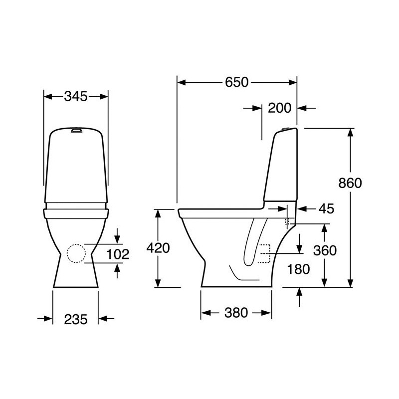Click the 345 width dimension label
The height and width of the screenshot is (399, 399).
(76, 96)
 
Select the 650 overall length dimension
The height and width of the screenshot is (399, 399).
(236, 82)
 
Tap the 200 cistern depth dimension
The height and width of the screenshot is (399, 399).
(279, 108)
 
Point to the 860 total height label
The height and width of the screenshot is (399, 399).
(350, 183)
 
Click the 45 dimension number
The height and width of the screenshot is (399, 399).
(327, 208)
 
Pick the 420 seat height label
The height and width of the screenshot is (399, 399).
(158, 248)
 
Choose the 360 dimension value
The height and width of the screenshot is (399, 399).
(325, 250)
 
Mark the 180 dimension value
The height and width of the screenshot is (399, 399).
(298, 269)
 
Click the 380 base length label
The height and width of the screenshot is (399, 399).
(236, 313)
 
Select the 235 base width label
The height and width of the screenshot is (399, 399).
(76, 319)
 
